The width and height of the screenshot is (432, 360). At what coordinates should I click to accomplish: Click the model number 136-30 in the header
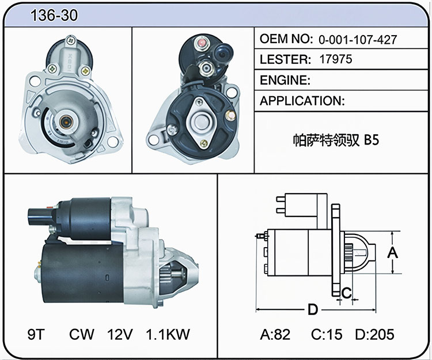click(x=54, y=15)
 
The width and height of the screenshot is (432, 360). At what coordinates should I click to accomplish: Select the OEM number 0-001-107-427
click(x=358, y=40)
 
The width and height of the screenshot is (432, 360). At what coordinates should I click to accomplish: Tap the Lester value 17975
click(x=336, y=59)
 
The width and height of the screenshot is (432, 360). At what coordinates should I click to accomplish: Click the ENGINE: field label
click(x=285, y=80)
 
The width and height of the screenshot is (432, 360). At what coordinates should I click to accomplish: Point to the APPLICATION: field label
click(x=302, y=101)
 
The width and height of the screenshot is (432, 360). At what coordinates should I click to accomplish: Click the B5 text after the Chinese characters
click(x=372, y=140)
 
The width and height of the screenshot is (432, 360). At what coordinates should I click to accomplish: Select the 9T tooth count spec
click(x=36, y=334)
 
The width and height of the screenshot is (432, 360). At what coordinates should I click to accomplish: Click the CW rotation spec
click(x=82, y=334)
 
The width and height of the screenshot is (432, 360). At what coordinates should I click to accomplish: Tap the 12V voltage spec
click(x=120, y=334)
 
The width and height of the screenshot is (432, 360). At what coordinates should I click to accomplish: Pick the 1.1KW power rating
click(x=168, y=334)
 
